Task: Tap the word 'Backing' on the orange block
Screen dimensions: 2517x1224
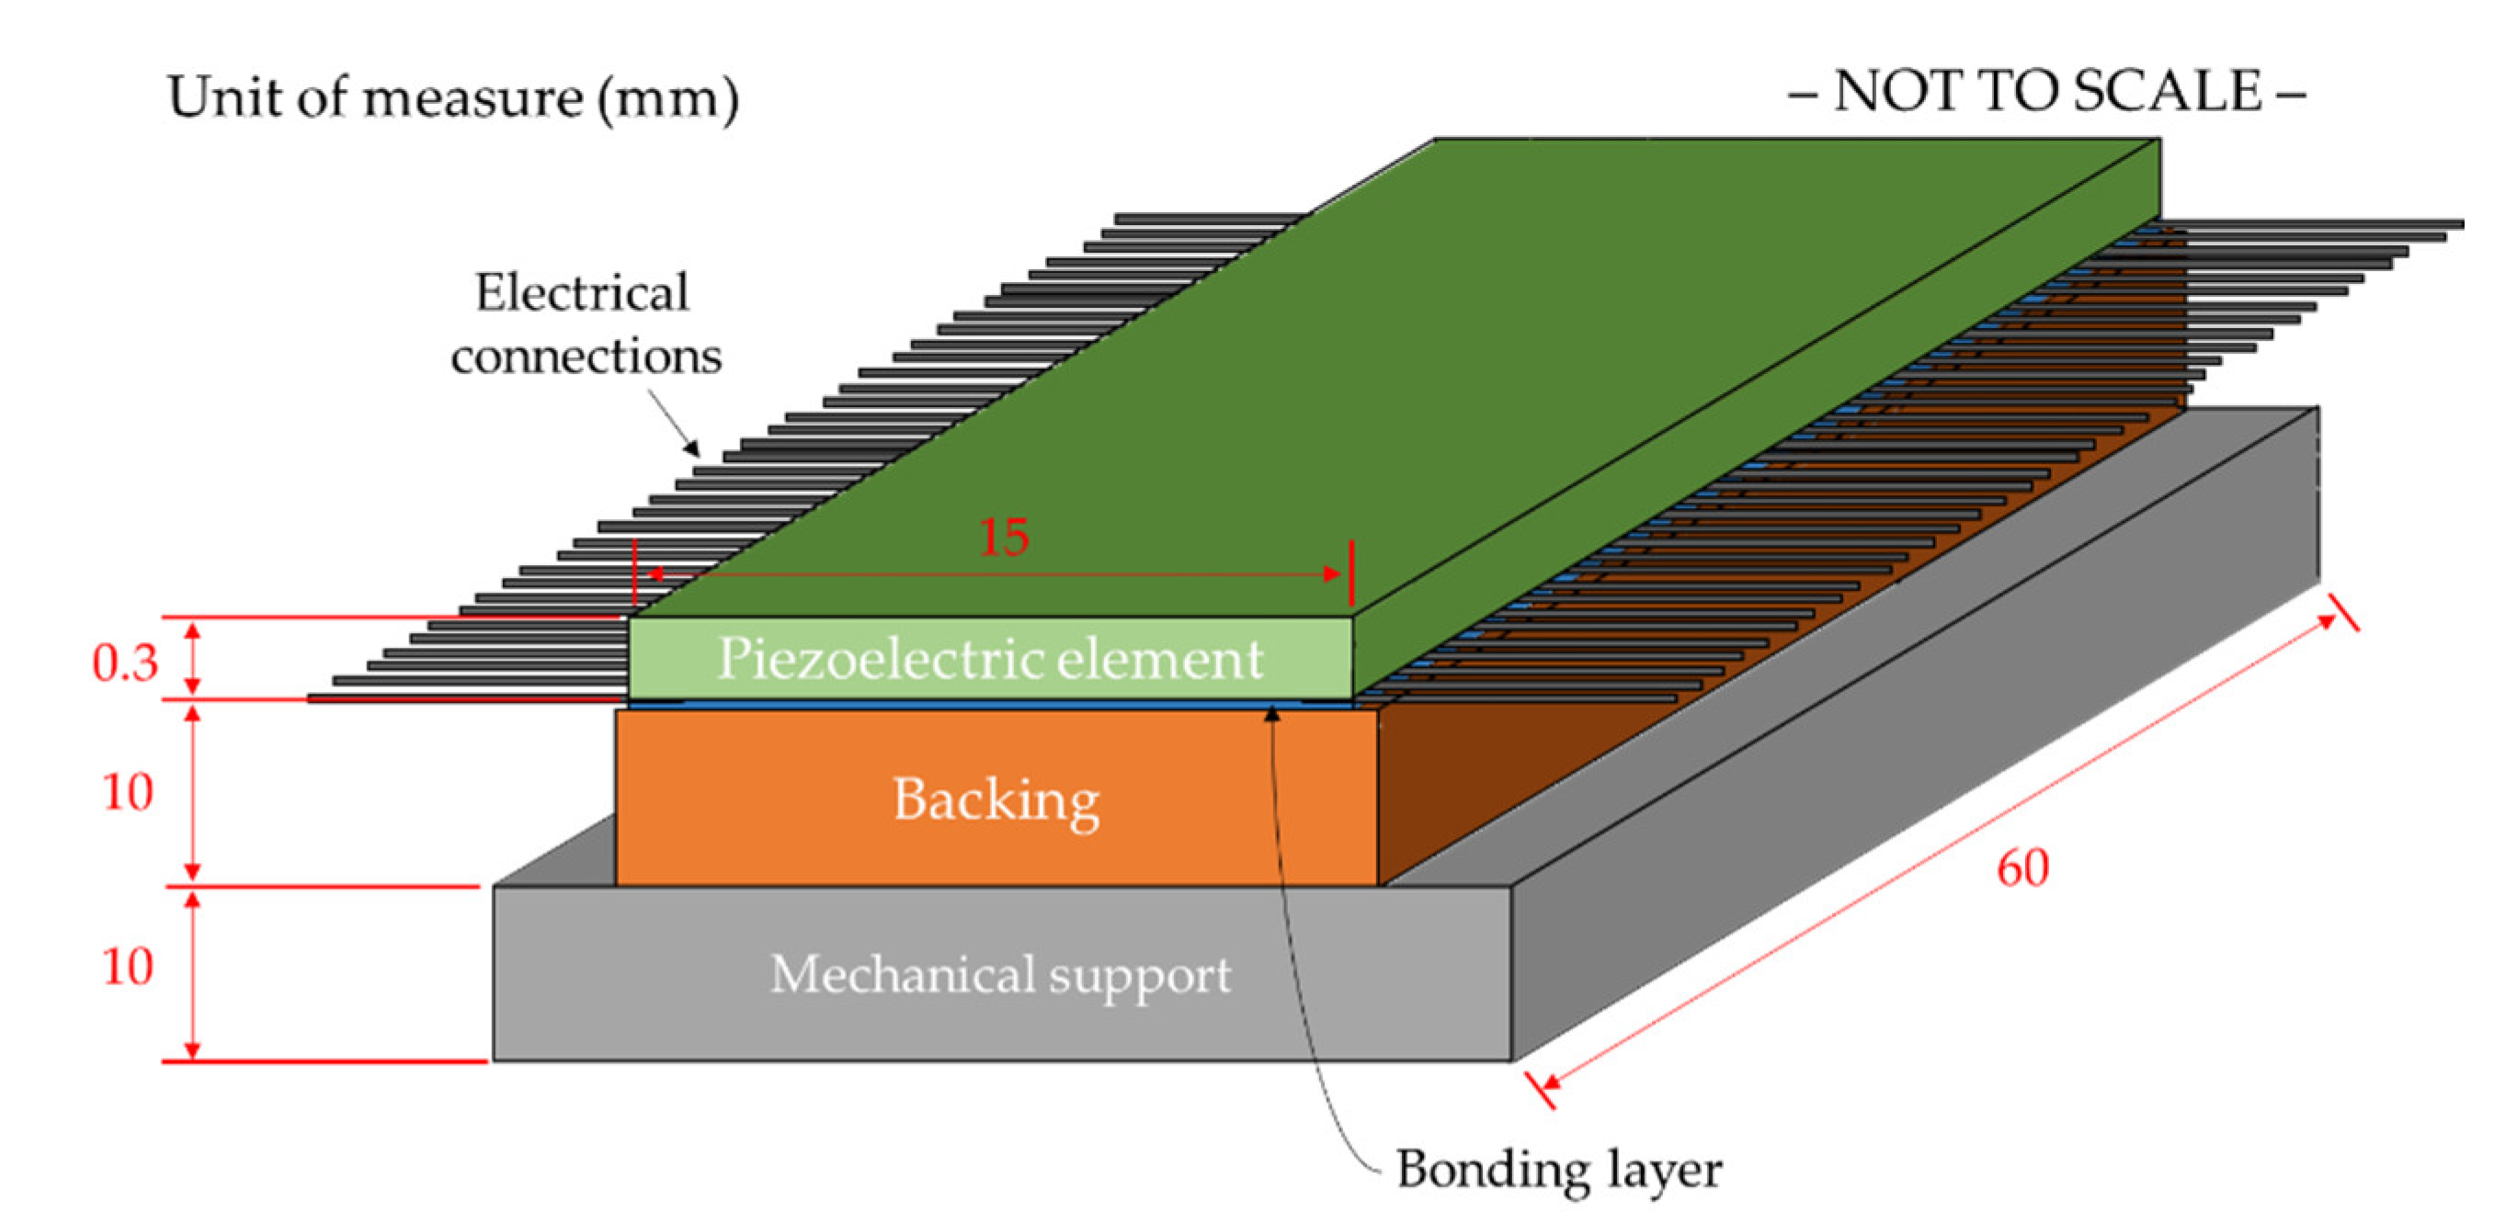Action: pyautogui.click(x=996, y=801)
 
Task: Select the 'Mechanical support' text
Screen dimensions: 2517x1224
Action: pyautogui.click(x=1000, y=975)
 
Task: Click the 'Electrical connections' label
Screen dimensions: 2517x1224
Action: pyautogui.click(x=586, y=323)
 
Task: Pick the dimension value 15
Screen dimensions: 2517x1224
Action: pyautogui.click(x=1004, y=537)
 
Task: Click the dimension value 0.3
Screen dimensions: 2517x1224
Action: pyautogui.click(x=125, y=663)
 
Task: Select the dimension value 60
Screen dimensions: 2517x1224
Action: pyautogui.click(x=2022, y=867)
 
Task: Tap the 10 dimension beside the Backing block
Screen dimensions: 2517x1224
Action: pyautogui.click(x=128, y=791)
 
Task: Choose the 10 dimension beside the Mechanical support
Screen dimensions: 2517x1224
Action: pyautogui.click(x=128, y=966)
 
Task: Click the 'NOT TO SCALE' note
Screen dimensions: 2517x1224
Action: pyautogui.click(x=2047, y=92)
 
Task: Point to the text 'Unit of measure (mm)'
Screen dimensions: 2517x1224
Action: pyautogui.click(x=453, y=97)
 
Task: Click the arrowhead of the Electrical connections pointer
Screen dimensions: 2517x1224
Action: pyautogui.click(x=692, y=448)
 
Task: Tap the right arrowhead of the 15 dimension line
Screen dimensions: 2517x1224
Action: pyautogui.click(x=1332, y=573)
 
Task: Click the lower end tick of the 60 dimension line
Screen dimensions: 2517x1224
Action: pyautogui.click(x=1540, y=1089)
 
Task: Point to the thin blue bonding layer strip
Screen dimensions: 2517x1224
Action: pyautogui.click(x=990, y=703)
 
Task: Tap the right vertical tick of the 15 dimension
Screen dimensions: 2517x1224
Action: pyautogui.click(x=1351, y=572)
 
